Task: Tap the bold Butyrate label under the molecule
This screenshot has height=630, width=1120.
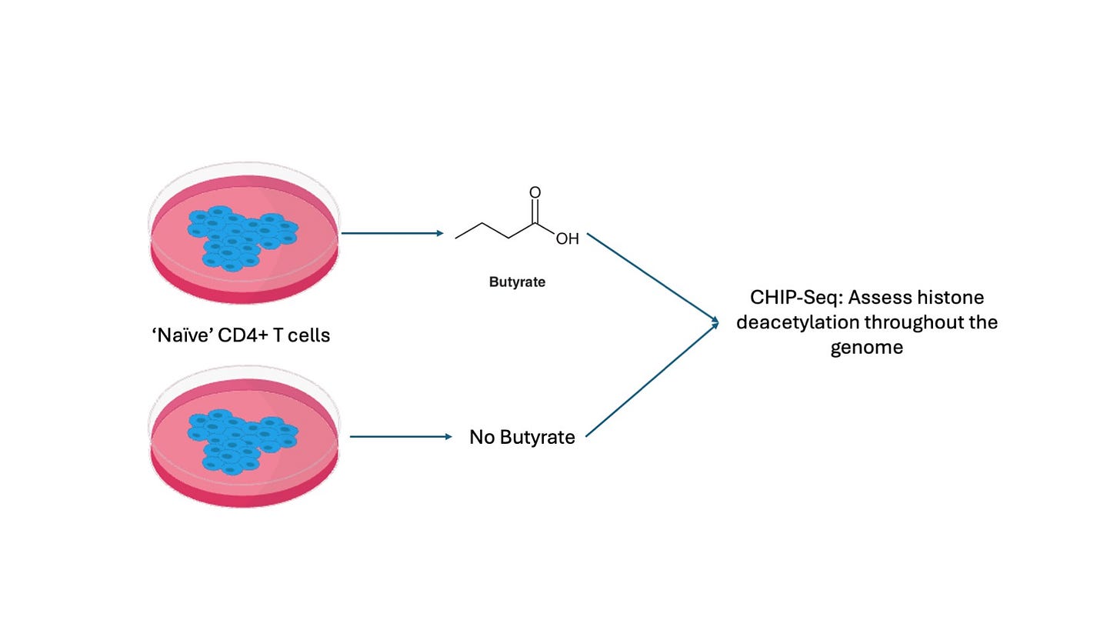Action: (517, 282)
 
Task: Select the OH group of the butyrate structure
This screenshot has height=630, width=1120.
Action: (567, 239)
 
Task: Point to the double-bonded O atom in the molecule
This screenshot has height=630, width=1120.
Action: (535, 192)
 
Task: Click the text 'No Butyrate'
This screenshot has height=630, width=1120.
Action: (522, 438)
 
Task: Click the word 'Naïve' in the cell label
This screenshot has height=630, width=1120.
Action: (179, 335)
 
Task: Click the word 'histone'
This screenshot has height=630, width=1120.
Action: (955, 298)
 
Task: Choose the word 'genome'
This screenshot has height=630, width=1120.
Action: (866, 347)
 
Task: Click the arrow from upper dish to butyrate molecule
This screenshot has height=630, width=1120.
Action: (392, 232)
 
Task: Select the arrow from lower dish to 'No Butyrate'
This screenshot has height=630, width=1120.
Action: (401, 437)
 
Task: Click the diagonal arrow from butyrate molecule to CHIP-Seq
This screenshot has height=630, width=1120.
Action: (652, 277)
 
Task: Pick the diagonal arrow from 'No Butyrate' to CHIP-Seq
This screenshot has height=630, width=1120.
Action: (652, 380)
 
